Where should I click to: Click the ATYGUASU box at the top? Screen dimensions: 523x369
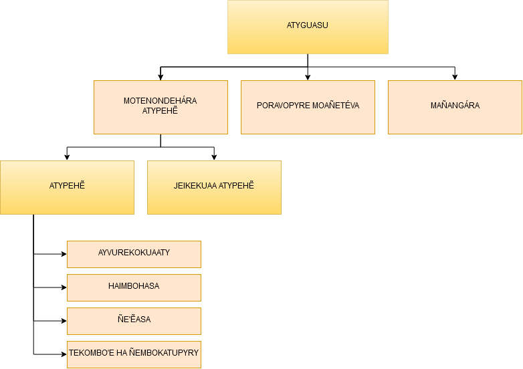point(308,27)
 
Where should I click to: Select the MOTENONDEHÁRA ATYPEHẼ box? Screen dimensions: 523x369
point(161,107)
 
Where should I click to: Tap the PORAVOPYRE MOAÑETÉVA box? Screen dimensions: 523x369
point(308,107)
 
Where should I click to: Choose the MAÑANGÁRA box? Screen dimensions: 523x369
point(455,107)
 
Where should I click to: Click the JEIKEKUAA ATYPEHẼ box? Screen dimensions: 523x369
point(214,187)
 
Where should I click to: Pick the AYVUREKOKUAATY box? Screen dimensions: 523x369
point(134,254)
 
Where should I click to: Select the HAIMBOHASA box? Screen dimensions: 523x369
point(134,287)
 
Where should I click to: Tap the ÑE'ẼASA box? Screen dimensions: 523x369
point(134,321)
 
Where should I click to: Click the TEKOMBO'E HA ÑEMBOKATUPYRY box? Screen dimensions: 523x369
point(134,354)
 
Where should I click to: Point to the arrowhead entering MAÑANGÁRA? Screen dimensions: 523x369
point(455,78)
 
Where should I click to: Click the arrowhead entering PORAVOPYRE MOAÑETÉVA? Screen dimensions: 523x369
point(308,78)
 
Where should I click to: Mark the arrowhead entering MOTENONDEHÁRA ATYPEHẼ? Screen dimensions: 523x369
point(161,78)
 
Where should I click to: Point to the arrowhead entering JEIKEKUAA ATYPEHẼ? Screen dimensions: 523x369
point(214,158)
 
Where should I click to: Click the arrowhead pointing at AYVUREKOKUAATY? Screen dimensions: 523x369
point(64,254)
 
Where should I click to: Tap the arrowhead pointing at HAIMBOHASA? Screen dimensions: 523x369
point(64,287)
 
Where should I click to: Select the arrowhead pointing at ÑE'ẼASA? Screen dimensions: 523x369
point(64,321)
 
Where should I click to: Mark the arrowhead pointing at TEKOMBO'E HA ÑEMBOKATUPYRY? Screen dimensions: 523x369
point(64,354)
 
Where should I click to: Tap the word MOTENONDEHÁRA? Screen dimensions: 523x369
point(160,101)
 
